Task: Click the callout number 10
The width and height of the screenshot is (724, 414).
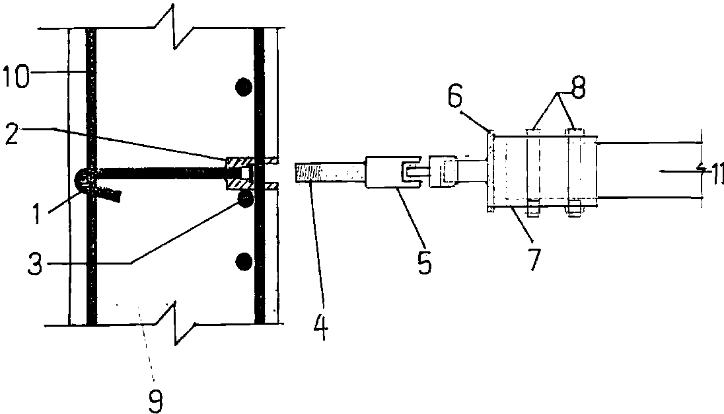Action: (x=24, y=75)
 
